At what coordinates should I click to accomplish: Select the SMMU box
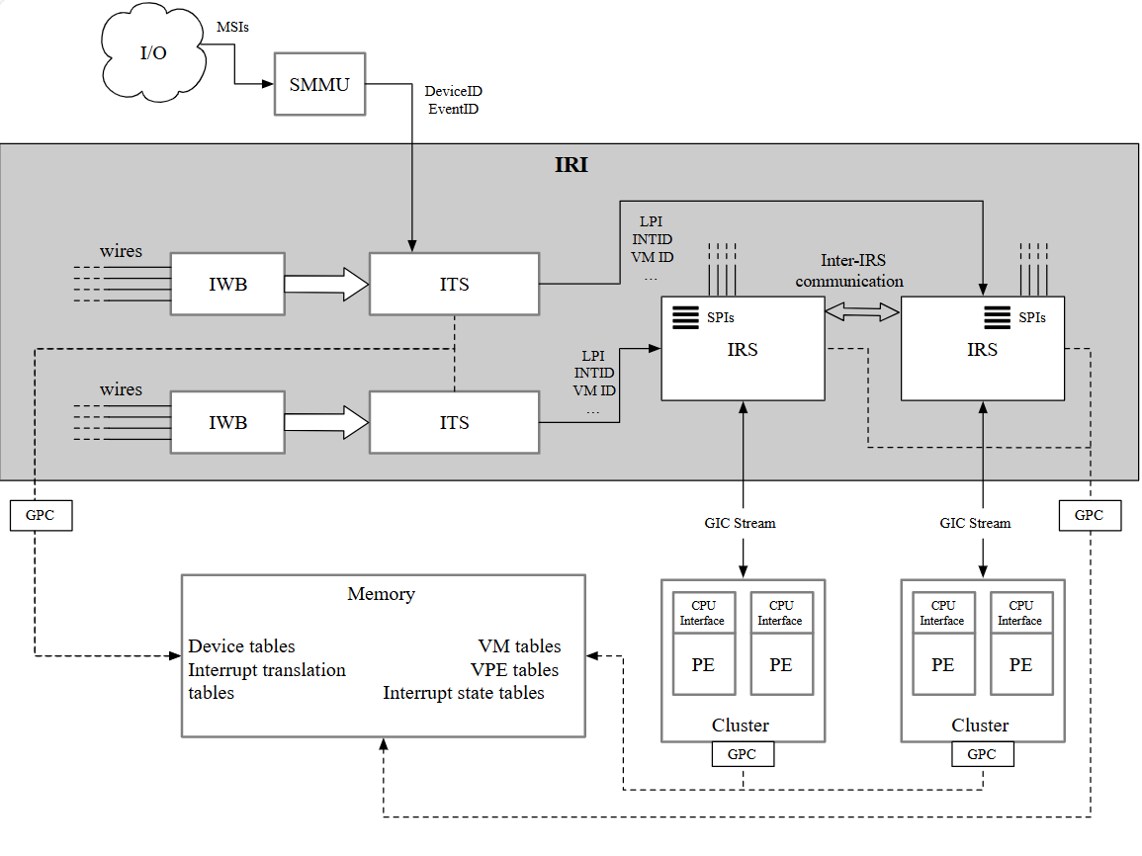tap(319, 84)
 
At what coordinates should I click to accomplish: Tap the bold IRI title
tap(571, 165)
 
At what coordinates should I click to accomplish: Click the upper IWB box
tap(227, 285)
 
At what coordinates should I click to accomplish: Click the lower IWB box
tap(227, 423)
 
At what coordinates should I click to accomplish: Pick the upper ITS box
tap(455, 285)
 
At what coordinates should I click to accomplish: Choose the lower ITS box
tap(455, 423)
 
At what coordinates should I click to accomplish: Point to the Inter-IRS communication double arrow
tap(862, 312)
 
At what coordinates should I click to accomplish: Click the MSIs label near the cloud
tap(232, 27)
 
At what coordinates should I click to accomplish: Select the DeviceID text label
tap(453, 91)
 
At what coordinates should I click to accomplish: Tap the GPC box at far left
tap(41, 515)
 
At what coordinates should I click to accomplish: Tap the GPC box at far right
tap(1090, 515)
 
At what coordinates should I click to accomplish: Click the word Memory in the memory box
tap(381, 594)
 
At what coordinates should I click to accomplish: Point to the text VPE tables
tap(514, 670)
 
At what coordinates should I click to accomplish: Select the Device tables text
tap(241, 646)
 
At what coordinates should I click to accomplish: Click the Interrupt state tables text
tap(464, 693)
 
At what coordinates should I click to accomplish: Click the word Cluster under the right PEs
tap(980, 726)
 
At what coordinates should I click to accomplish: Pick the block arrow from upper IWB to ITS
tap(326, 285)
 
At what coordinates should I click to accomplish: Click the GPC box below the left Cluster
tap(743, 754)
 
